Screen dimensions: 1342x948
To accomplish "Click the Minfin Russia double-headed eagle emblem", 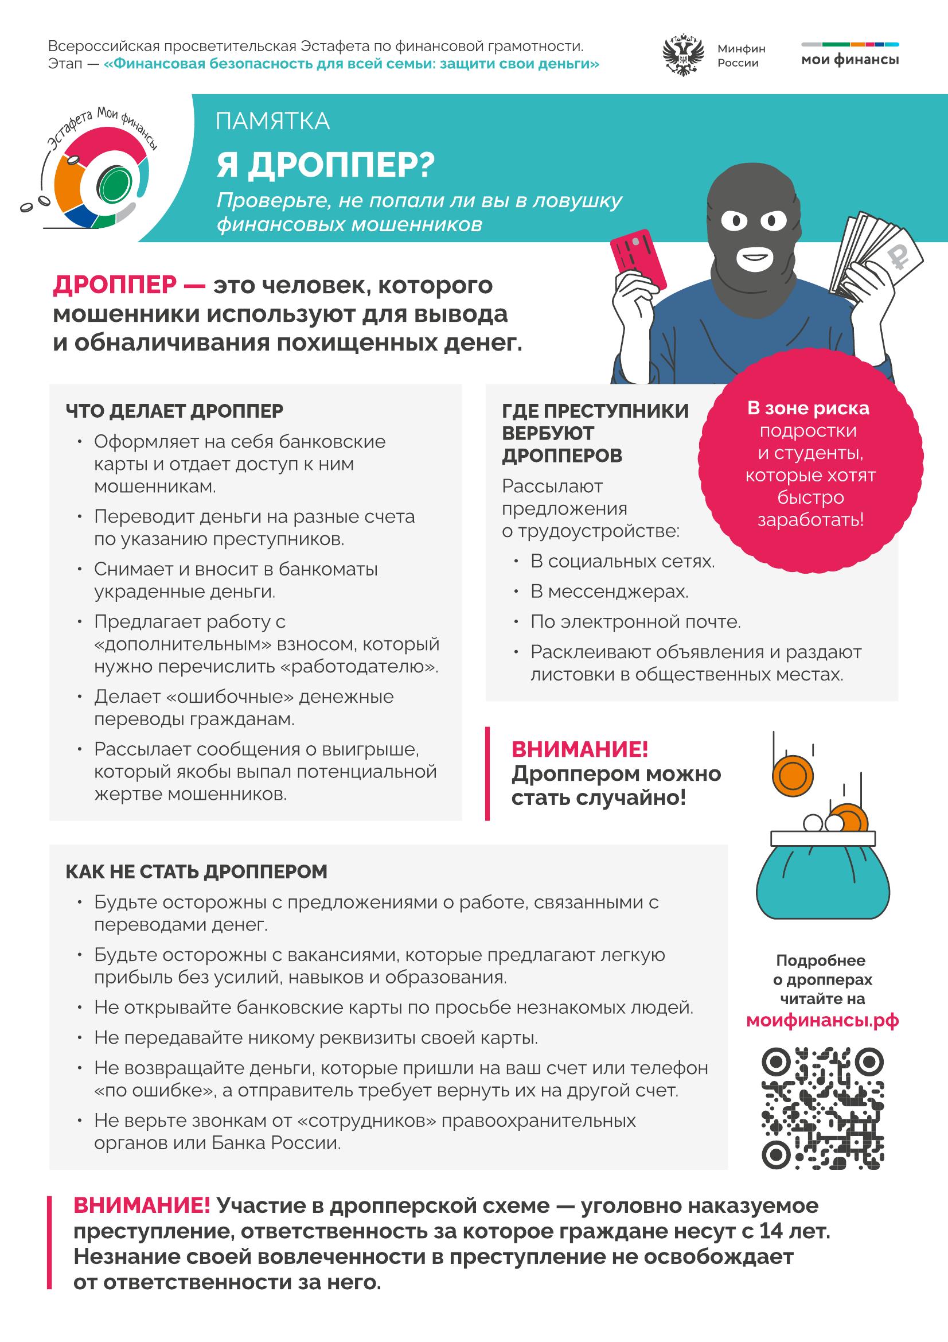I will tap(682, 57).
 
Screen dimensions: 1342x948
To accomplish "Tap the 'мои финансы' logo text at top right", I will tap(850, 60).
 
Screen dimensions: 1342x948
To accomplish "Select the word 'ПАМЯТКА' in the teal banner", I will tap(273, 122).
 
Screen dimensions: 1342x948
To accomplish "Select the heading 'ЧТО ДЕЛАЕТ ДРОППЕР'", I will tap(174, 411).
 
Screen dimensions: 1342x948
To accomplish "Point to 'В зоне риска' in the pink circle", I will tap(809, 408).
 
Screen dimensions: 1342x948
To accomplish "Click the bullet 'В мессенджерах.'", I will tap(609, 592).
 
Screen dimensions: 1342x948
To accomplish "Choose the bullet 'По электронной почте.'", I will tap(635, 621).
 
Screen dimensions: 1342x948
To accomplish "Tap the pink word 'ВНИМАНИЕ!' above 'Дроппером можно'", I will tap(579, 749).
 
